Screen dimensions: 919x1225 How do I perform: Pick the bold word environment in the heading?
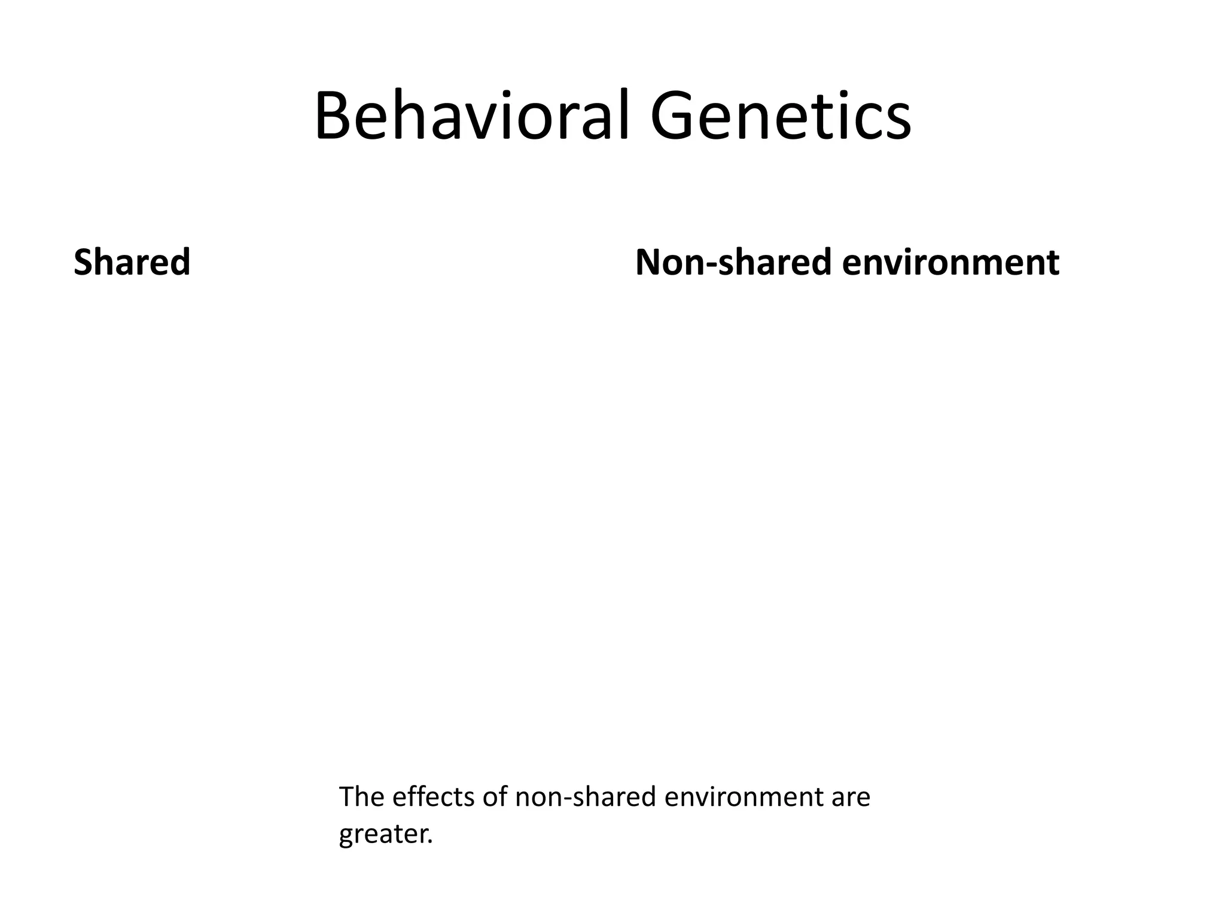pyautogui.click(x=950, y=263)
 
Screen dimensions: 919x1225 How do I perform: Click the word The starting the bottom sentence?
pyautogui.click(x=358, y=797)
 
